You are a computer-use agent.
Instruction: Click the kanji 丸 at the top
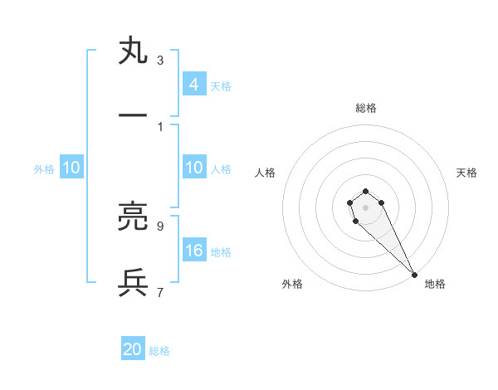coord(133,51)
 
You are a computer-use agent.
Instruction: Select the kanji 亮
coord(133,217)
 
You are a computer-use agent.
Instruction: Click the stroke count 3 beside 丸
coord(159,60)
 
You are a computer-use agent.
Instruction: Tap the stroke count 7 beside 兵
coord(159,292)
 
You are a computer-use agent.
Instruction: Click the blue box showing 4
coord(193,85)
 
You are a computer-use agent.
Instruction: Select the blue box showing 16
coord(193,251)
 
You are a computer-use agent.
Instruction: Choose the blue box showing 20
coord(133,350)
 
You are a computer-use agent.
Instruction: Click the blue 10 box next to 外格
coord(71,168)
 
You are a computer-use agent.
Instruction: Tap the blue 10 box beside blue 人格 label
coord(193,168)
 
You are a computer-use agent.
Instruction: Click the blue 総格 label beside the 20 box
coord(159,351)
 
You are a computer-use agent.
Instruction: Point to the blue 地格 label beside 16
coord(221,251)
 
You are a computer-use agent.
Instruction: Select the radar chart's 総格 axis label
coord(365,108)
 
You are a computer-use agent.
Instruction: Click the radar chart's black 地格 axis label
coord(435,284)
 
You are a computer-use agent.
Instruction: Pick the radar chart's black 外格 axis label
coord(292,284)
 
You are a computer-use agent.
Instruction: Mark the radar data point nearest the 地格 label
coord(414,275)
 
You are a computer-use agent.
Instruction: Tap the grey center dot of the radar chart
coord(365,207)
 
